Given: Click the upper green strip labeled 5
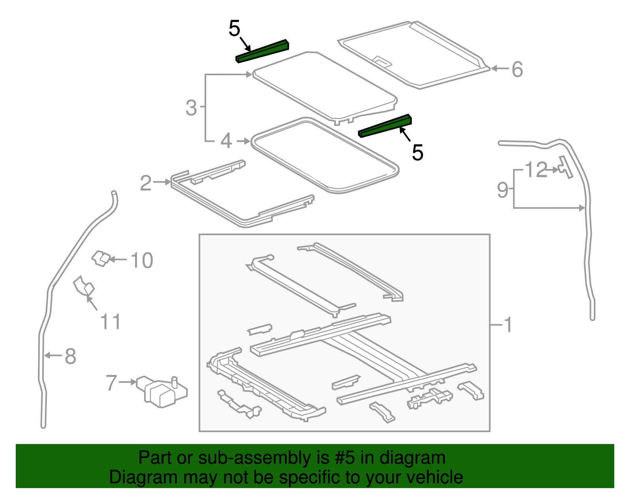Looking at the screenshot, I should (x=263, y=51).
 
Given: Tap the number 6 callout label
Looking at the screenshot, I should (x=517, y=69).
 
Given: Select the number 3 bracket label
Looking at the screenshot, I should (x=191, y=108).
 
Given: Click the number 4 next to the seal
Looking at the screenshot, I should (x=226, y=141).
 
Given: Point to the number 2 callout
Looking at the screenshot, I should (x=145, y=183).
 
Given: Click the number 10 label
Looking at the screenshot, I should (x=141, y=261).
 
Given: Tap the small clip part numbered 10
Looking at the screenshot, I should (x=101, y=258).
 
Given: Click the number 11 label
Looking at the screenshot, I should (x=110, y=322).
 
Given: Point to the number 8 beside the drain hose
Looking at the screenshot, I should (x=70, y=356).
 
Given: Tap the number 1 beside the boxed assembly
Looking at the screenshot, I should (x=508, y=325).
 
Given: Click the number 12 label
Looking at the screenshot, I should (x=536, y=170).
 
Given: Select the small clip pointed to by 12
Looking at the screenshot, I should (x=565, y=167).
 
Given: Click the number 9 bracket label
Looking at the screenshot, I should (x=502, y=189).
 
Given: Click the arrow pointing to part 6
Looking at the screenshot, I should (x=499, y=69).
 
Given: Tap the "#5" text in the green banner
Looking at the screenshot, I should (x=345, y=458).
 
